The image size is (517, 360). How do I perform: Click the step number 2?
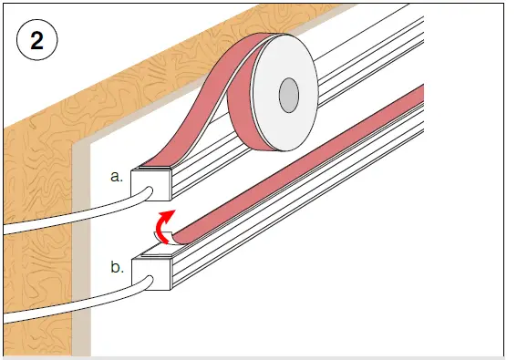[x=37, y=41]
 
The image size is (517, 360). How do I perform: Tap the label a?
[x=116, y=177]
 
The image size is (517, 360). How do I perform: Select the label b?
[x=117, y=268]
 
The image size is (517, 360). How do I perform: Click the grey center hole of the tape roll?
[x=289, y=92]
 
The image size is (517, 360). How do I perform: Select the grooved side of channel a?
[x=274, y=146]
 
